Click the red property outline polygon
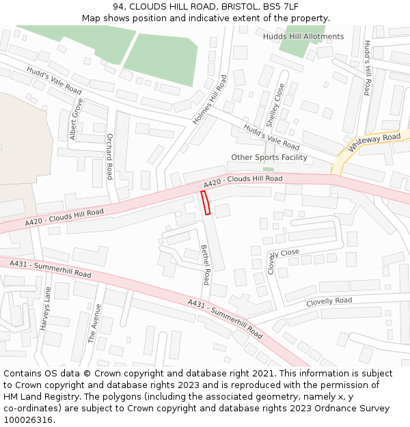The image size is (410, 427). point(205,203)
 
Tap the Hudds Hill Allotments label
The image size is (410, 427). point(303,36)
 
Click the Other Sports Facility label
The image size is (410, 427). point(269,157)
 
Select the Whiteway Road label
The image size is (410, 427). point(374,143)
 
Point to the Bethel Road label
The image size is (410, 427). point(205,264)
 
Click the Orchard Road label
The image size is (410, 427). point(109,156)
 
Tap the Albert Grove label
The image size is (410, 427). point(76,119)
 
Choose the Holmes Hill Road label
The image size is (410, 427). point(210,99)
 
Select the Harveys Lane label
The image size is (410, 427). point(46,308)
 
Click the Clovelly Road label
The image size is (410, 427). point(329,301)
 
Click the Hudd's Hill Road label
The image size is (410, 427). point(367,67)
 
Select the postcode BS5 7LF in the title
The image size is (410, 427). point(280,7)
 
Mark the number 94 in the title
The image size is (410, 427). point(118,7)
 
